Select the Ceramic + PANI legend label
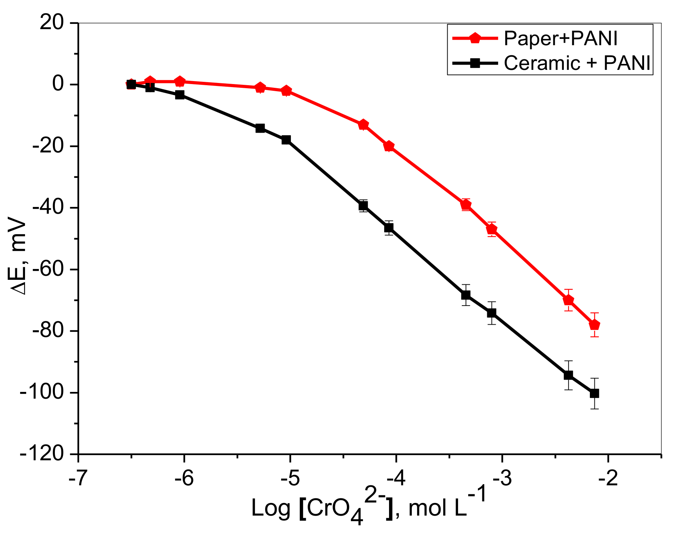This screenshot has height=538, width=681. [577, 63]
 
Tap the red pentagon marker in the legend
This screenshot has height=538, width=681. [475, 38]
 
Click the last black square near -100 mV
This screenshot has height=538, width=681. [594, 393]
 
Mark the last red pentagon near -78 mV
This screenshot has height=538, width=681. [594, 325]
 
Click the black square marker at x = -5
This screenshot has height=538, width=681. [286, 140]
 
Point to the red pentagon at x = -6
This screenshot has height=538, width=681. [180, 81]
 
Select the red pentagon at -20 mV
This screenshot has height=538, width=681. [389, 146]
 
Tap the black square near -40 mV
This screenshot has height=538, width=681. [363, 205]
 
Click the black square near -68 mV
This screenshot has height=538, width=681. [466, 295]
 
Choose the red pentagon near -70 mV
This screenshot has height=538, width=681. [568, 300]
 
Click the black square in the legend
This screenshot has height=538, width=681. [475, 63]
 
